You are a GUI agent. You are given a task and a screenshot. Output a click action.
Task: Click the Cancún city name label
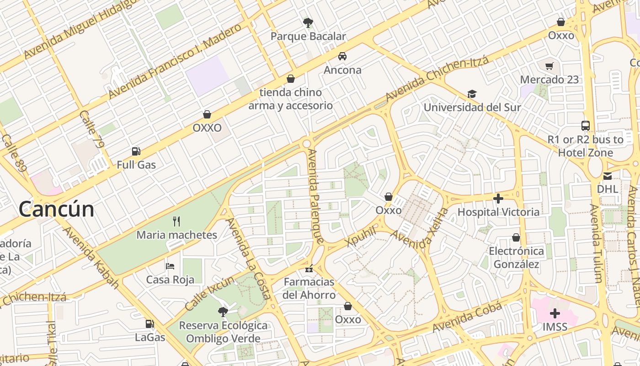point(57,210)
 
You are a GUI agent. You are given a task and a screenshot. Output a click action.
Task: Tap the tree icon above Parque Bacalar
point(308,22)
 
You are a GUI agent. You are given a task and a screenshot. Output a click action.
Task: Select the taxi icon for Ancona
point(342,56)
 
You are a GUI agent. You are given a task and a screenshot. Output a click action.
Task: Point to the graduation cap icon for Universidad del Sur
point(472,94)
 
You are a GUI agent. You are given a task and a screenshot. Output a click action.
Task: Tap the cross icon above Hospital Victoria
point(498,199)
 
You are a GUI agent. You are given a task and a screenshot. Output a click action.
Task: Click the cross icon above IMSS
point(555,313)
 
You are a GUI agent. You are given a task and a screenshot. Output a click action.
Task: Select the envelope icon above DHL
point(607,176)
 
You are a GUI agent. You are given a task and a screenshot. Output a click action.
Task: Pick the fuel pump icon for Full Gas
point(136,151)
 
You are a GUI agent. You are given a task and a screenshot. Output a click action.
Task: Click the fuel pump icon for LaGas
point(149,324)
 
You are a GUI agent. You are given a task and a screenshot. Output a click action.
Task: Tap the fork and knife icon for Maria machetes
point(176,221)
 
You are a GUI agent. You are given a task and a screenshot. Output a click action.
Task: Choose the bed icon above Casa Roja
point(170,266)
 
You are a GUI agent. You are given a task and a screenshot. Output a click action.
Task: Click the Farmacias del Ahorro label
point(309,288)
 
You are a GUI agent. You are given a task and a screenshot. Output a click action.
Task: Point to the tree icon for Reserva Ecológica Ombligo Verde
point(223,312)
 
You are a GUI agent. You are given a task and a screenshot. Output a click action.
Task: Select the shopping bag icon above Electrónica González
point(516,237)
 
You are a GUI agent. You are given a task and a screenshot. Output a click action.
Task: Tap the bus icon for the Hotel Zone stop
point(586,126)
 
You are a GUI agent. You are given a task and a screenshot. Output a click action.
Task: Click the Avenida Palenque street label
point(316,196)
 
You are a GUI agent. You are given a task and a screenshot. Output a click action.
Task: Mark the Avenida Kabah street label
point(90,257)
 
